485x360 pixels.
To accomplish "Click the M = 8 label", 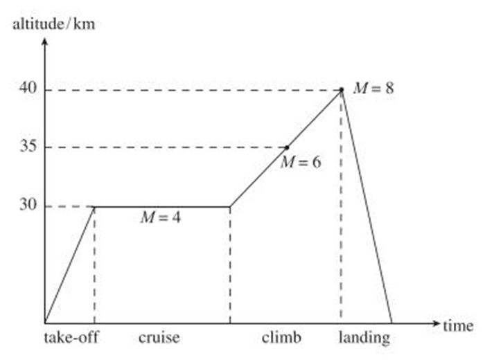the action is tap(373, 89).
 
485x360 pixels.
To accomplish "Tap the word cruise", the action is tap(159, 339).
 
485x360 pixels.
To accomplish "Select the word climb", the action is tap(282, 339).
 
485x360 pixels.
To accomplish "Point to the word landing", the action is tap(364, 339).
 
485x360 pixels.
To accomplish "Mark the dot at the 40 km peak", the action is tap(341, 89).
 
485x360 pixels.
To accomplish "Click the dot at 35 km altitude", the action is tap(288, 147).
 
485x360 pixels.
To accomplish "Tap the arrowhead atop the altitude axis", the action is tap(45, 40).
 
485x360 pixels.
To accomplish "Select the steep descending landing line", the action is tap(367, 206).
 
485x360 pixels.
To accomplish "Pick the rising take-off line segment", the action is tap(69, 264).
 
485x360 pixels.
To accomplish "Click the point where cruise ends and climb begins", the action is tap(230, 206).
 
